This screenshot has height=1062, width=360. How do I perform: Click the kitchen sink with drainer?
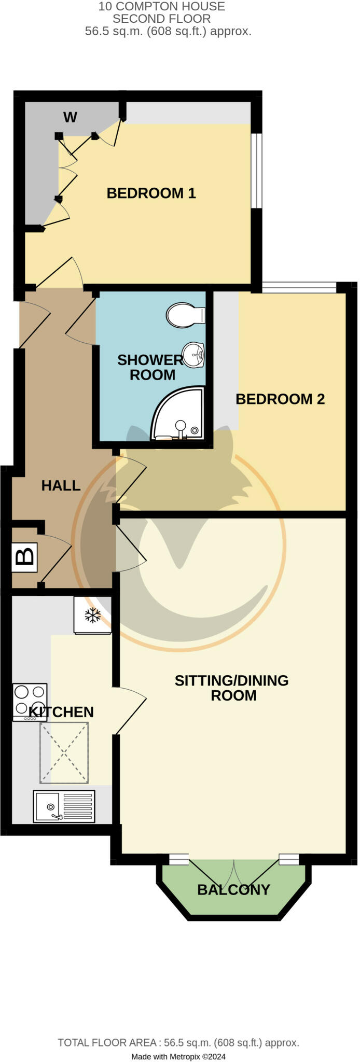(x=64, y=806)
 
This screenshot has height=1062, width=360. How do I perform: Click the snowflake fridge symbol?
(x=92, y=615)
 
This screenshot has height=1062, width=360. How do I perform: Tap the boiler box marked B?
(x=24, y=557)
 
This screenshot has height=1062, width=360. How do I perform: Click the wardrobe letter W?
(x=70, y=117)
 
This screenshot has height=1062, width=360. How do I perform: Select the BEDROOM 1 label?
(x=151, y=193)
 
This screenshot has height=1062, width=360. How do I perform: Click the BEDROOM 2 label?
(x=280, y=399)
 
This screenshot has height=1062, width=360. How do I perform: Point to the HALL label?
(x=61, y=485)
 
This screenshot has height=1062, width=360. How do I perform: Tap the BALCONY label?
(x=233, y=890)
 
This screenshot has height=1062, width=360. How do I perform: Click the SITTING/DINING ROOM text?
(x=231, y=688)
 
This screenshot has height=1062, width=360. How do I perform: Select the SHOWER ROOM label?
(x=150, y=367)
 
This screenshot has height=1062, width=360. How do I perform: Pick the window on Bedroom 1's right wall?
(x=256, y=171)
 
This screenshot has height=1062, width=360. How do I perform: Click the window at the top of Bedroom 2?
(x=299, y=287)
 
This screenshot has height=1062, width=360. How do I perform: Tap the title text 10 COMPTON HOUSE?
(x=162, y=7)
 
